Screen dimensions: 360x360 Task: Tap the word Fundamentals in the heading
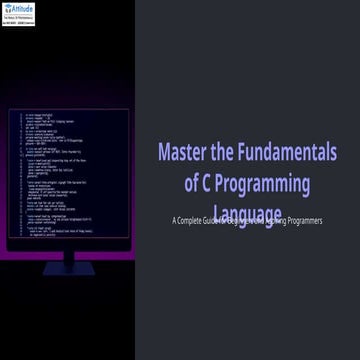coord(289,152)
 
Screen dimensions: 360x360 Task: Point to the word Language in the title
coord(247,213)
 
